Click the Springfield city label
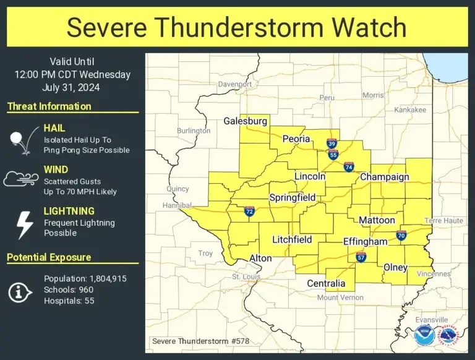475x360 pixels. (x=293, y=198)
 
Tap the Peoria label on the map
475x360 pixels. (x=296, y=139)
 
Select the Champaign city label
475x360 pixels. (x=385, y=177)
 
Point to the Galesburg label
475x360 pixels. (x=246, y=121)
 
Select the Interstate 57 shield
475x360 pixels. (x=361, y=257)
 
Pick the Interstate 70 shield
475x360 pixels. (x=401, y=235)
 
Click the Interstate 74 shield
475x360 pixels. (x=349, y=167)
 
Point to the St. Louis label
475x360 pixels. (x=246, y=276)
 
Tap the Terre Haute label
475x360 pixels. (x=443, y=220)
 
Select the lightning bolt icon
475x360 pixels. (x=24, y=225)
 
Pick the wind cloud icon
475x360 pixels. (x=22, y=179)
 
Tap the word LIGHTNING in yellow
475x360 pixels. (x=69, y=211)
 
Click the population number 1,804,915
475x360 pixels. (x=106, y=279)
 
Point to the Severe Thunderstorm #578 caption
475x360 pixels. (x=200, y=341)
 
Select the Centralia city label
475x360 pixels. (x=326, y=283)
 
